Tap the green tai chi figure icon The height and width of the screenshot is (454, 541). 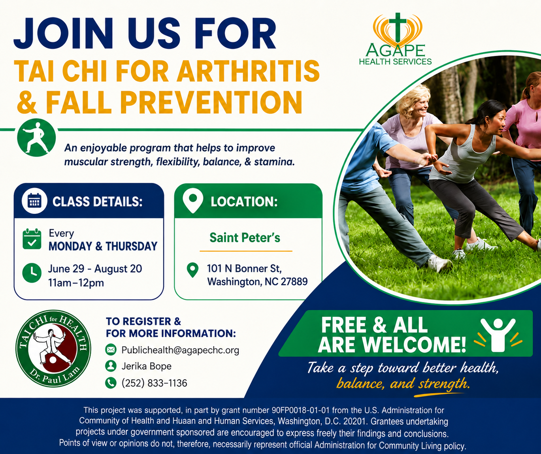(36, 138)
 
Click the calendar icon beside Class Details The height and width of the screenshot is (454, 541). (34, 201)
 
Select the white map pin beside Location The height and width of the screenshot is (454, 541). (193, 200)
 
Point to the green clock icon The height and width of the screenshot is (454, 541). (32, 273)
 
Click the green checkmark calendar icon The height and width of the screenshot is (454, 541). (32, 239)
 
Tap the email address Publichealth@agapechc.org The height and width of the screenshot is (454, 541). (180, 350)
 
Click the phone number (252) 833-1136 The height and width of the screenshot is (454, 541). (154, 383)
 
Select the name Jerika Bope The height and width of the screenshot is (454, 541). (146, 366)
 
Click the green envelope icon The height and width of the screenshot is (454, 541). (111, 350)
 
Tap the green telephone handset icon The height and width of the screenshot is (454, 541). (111, 383)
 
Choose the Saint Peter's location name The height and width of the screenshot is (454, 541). (245, 237)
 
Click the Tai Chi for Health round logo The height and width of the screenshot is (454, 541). (53, 349)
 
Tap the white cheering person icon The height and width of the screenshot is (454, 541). (498, 335)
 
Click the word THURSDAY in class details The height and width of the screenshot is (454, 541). (131, 246)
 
